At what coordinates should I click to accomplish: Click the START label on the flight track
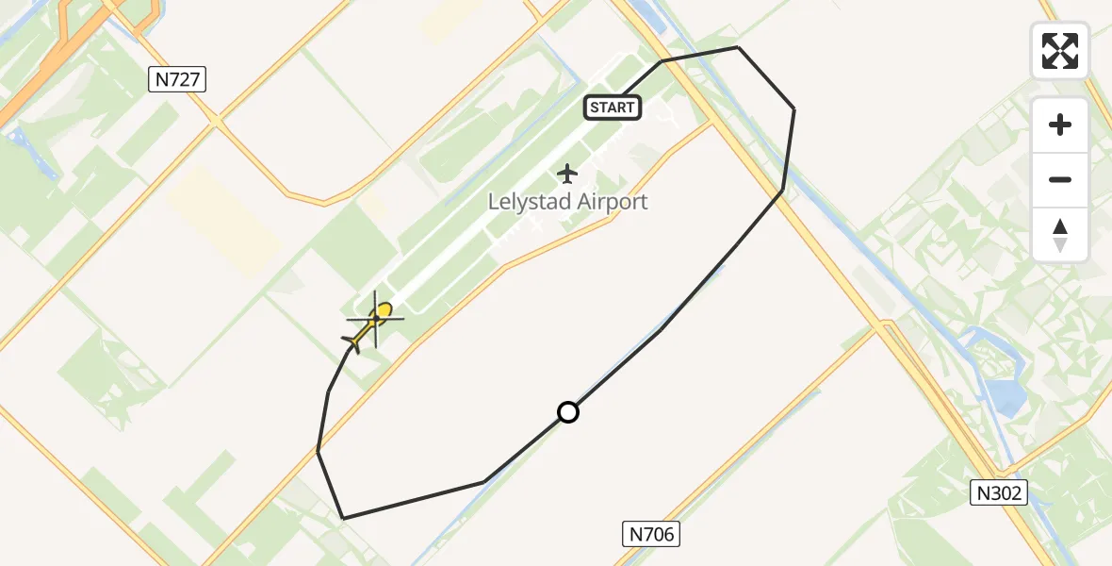click(x=613, y=108)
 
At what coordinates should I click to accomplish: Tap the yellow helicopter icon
click(x=373, y=321)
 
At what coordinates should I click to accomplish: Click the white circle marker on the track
click(x=568, y=412)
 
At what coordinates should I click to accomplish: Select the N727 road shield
click(x=177, y=80)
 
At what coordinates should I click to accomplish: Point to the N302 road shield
click(x=999, y=492)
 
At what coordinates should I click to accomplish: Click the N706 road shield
click(x=651, y=535)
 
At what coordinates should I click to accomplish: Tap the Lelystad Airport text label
click(x=567, y=202)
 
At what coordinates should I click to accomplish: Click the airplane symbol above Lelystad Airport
click(x=567, y=174)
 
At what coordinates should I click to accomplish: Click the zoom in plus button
click(x=1060, y=125)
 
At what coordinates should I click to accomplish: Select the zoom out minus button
click(x=1060, y=179)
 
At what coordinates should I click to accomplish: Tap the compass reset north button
click(x=1060, y=235)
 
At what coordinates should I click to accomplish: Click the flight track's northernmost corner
click(x=738, y=47)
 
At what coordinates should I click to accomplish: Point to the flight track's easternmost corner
click(x=794, y=109)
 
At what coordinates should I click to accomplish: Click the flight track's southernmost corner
click(x=343, y=518)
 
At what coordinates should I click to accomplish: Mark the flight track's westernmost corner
click(x=319, y=452)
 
